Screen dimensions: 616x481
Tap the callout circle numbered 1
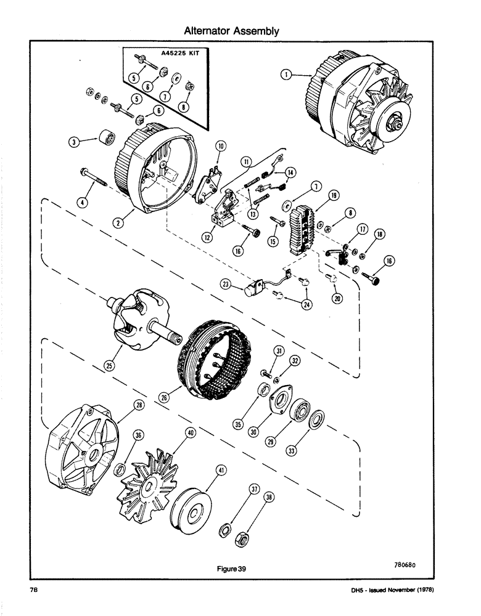(x=286, y=75)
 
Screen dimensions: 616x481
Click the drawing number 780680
(x=407, y=563)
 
